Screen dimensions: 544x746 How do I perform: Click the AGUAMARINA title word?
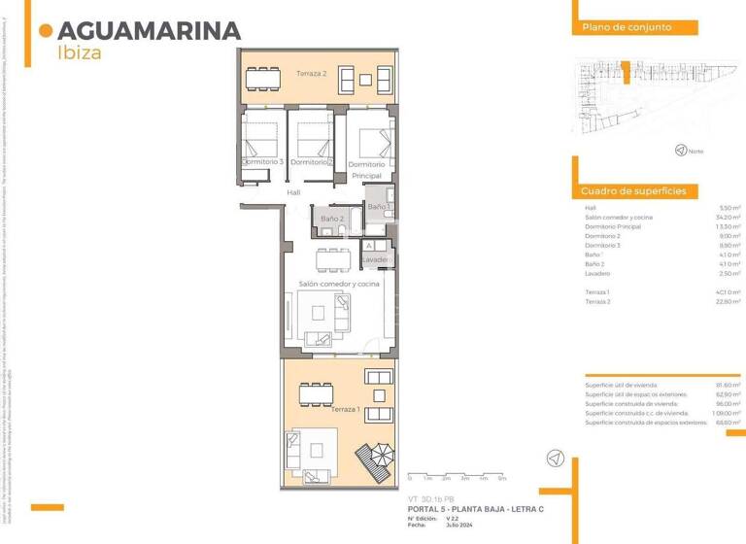coord(149,30)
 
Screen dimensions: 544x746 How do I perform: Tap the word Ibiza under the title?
coord(80,53)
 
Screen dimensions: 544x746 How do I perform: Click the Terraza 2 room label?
coord(311,74)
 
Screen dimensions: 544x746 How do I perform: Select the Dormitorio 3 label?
coord(262,161)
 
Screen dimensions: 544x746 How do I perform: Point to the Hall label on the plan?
coord(293,192)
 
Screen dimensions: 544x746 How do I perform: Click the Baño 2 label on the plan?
coord(332,219)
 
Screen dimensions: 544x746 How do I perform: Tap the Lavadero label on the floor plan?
coord(378,260)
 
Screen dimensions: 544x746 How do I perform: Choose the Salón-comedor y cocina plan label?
coord(338,284)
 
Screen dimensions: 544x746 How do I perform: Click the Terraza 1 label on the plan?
coord(345,409)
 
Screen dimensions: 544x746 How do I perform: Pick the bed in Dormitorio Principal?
coord(372,143)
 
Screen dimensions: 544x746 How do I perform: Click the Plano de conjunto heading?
coord(627,27)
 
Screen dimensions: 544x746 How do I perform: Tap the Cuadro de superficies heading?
coord(633,191)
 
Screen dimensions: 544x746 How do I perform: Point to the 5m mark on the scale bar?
coord(501,479)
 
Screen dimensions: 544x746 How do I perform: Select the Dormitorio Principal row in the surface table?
coord(613,226)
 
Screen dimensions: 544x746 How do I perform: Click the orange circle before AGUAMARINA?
coord(45,31)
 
